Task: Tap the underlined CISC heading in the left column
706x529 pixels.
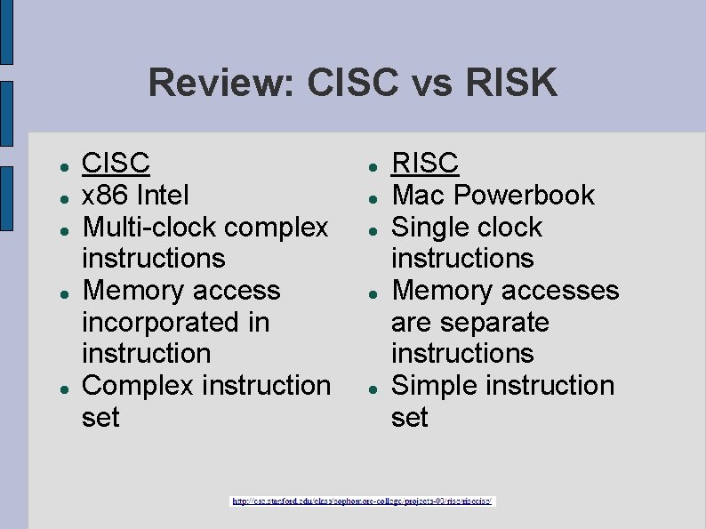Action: pyautogui.click(x=116, y=163)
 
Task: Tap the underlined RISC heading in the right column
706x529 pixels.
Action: pyautogui.click(x=425, y=163)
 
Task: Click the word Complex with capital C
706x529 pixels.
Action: pyautogui.click(x=138, y=386)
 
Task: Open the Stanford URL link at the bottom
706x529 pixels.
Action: pyautogui.click(x=363, y=501)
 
